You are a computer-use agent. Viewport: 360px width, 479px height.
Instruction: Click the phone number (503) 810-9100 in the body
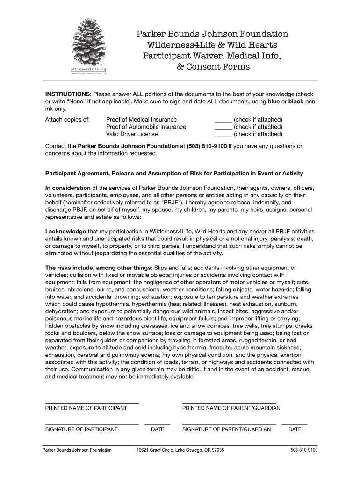[207, 146]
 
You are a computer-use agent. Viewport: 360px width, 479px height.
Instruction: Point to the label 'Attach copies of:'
[67, 120]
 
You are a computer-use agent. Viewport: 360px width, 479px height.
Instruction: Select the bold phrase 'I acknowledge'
[65, 232]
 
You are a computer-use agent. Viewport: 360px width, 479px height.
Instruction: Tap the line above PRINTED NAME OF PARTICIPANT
[92, 403]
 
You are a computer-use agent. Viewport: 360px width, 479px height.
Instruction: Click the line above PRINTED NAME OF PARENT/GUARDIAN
[229, 403]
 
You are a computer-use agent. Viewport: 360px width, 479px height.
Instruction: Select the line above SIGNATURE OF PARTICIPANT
[92, 424]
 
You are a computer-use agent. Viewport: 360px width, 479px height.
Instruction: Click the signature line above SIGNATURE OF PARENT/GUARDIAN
[229, 424]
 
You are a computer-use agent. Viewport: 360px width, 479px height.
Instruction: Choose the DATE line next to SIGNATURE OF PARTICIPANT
[158, 424]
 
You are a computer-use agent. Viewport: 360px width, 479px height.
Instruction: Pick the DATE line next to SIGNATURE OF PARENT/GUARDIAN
[295, 424]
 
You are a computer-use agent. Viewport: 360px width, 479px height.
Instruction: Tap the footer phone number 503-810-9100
[303, 450]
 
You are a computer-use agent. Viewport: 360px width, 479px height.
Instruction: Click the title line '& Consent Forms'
[213, 67]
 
